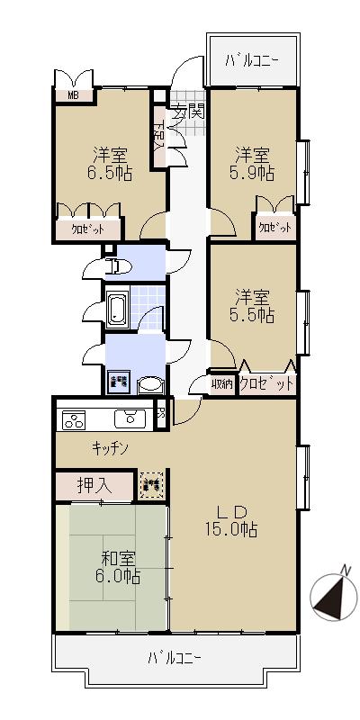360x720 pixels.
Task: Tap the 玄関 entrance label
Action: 188,112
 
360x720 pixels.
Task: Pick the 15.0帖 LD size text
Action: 229,529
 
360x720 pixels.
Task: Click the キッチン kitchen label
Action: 111,447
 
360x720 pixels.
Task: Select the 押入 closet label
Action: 93,485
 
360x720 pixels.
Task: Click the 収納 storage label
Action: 222,384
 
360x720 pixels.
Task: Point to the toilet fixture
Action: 114,265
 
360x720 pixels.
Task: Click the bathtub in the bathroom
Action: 118,310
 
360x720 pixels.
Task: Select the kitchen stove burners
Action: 72,419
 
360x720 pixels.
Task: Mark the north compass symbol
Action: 328,596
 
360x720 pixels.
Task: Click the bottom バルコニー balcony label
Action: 175,658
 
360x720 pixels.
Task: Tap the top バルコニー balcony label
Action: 252,60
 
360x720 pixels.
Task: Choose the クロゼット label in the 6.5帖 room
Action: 87,229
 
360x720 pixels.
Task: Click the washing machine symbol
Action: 119,382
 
